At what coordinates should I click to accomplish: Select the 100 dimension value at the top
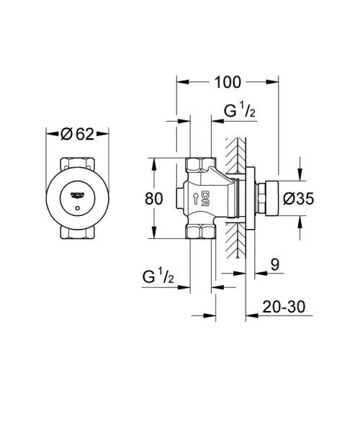tap(227, 81)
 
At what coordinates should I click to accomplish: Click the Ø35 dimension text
tap(297, 199)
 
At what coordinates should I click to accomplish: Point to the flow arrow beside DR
tap(195, 199)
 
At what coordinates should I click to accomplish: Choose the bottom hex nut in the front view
tap(77, 233)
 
